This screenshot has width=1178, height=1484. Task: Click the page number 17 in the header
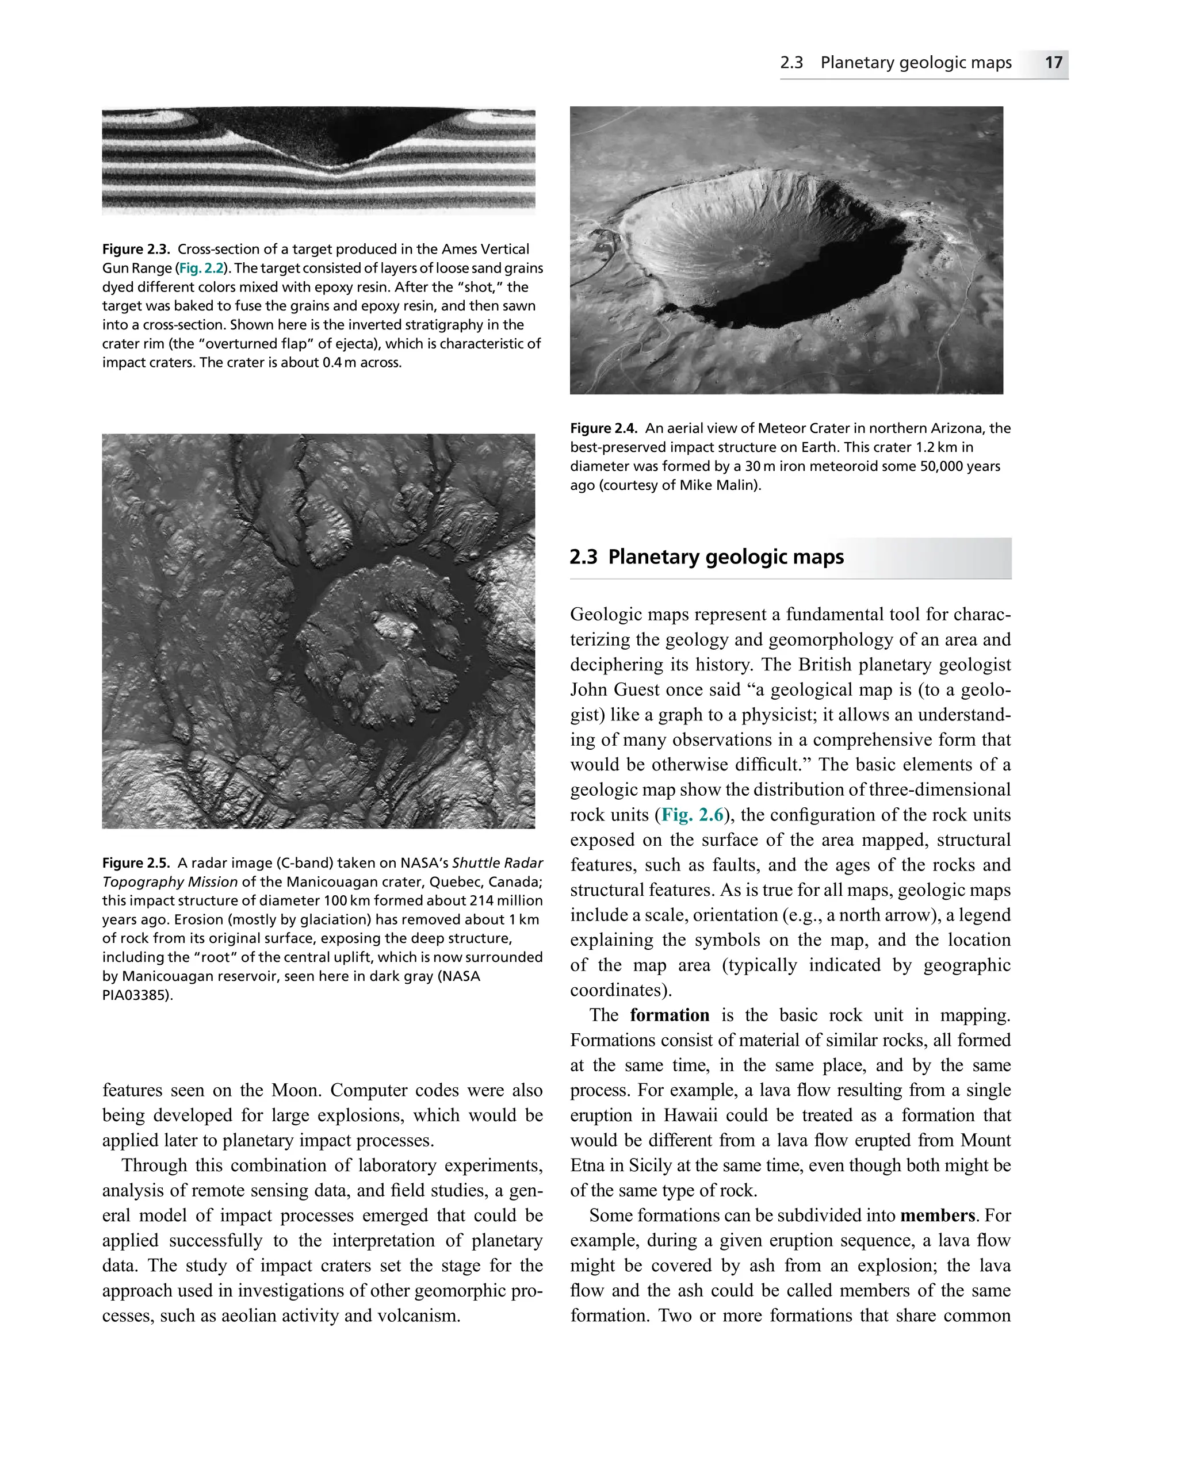click(1053, 63)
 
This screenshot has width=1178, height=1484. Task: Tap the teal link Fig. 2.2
click(201, 269)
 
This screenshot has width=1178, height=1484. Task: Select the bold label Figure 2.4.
click(603, 428)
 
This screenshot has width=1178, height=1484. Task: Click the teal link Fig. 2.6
click(692, 815)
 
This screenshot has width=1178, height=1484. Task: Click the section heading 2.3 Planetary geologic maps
click(706, 556)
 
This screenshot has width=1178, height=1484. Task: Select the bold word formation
click(669, 1015)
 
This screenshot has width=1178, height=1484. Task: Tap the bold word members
click(936, 1215)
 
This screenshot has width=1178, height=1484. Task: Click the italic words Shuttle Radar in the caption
click(497, 863)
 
